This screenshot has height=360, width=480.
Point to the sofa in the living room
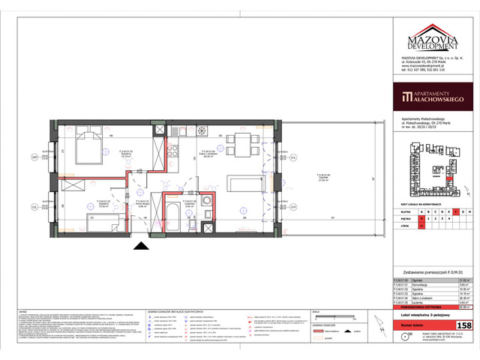point(250,184)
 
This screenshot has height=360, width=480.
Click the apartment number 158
point(464,325)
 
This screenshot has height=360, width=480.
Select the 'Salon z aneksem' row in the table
point(433,296)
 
